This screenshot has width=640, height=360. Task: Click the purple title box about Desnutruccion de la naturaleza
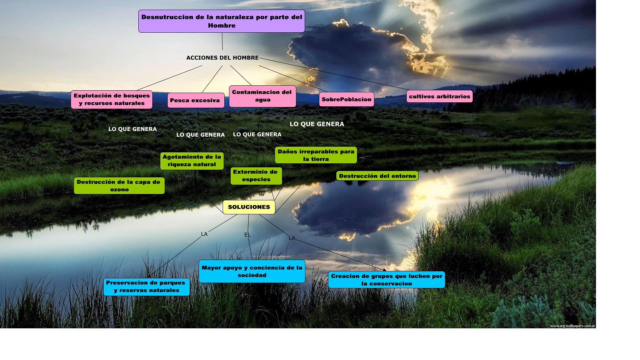click(222, 21)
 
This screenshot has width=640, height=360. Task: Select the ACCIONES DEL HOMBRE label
click(222, 58)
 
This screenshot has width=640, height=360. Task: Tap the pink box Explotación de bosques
click(112, 99)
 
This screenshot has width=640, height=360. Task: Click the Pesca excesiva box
click(196, 100)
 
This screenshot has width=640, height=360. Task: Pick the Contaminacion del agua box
click(262, 96)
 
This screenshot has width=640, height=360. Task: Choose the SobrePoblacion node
click(346, 99)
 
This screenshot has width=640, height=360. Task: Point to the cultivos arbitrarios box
click(439, 96)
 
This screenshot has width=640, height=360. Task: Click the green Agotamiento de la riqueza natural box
click(192, 161)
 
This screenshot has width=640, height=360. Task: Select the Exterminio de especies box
click(256, 176)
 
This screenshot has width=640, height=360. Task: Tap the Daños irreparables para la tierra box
click(316, 155)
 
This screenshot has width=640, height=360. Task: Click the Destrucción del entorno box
click(377, 176)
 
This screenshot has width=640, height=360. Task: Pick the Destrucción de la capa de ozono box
click(119, 186)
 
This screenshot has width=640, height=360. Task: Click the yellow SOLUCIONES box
click(249, 207)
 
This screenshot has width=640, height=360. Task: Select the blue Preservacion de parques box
click(146, 287)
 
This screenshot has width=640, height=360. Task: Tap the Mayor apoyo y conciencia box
click(252, 271)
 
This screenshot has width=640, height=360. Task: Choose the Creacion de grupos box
click(386, 280)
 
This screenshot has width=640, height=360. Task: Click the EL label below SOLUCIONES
click(247, 235)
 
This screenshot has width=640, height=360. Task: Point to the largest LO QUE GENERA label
click(317, 124)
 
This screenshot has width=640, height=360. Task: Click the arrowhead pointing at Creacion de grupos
click(385, 270)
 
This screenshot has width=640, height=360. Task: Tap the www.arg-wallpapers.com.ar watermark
click(572, 326)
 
